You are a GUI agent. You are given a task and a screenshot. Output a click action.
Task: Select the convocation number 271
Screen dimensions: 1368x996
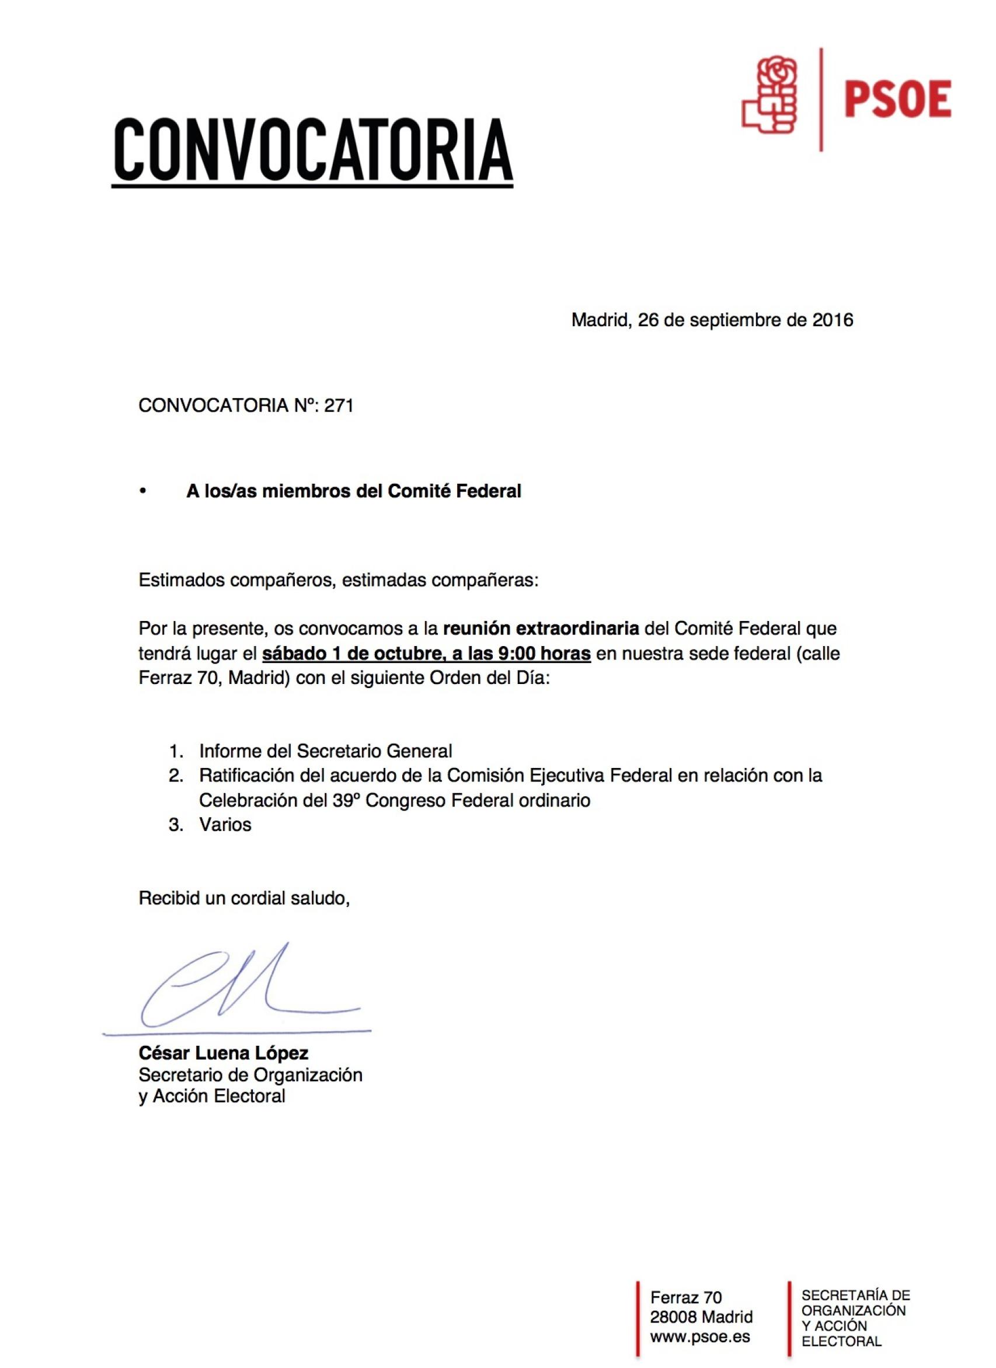339,406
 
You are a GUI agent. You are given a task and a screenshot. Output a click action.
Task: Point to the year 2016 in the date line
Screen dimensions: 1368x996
832,320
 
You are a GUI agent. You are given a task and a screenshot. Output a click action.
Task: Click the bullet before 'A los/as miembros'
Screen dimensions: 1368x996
143,491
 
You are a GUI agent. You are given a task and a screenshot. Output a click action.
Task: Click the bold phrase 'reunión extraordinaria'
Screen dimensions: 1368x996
541,629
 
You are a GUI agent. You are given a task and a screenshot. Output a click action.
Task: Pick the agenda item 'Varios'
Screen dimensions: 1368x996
225,825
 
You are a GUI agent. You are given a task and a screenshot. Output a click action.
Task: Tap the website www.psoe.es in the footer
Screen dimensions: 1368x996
700,1336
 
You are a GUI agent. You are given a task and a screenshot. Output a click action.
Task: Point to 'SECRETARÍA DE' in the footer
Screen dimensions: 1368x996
855,1295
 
